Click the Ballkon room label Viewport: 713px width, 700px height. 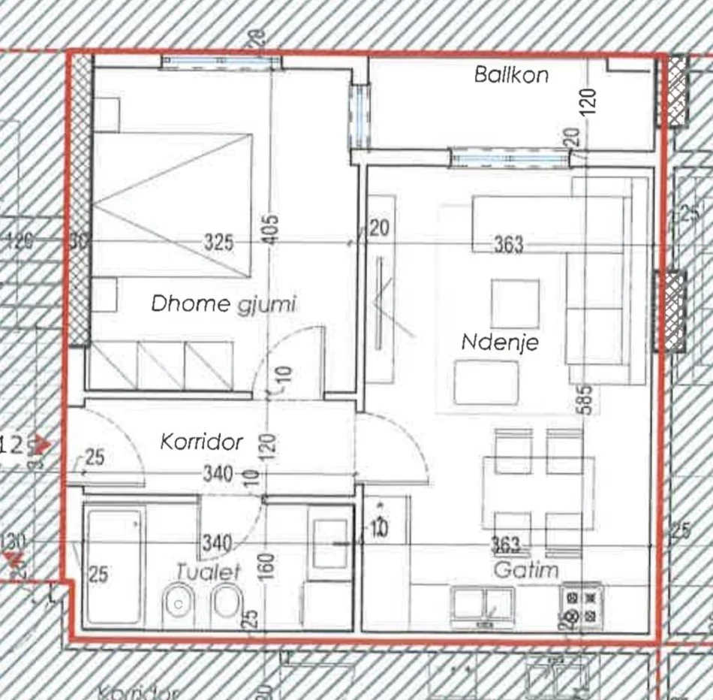pyautogui.click(x=511, y=75)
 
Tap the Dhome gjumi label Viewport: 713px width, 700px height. pyautogui.click(x=224, y=304)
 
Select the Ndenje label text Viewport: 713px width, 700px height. pyautogui.click(x=500, y=342)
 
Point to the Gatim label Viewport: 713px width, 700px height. pyautogui.click(x=526, y=570)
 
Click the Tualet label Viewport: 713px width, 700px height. pyautogui.click(x=209, y=572)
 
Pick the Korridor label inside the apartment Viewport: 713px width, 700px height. pyautogui.click(x=202, y=442)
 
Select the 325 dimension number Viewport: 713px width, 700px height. pyautogui.click(x=218, y=243)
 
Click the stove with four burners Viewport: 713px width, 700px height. pyautogui.click(x=583, y=607)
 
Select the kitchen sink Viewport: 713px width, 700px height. pyautogui.click(x=482, y=605)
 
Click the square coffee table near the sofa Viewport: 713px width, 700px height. pyautogui.click(x=515, y=302)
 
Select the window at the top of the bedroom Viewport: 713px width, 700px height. pyautogui.click(x=221, y=61)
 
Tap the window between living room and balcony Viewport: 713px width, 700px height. pyautogui.click(x=510, y=158)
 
